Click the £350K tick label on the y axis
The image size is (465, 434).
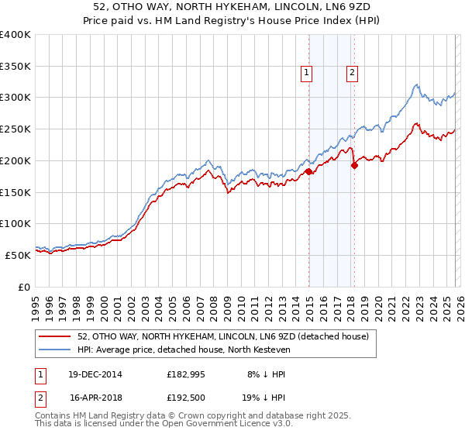(15, 67)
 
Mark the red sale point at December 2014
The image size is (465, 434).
(308, 171)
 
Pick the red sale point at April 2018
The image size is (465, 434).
(354, 165)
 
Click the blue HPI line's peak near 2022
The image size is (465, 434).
(417, 84)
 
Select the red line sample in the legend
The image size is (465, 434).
(55, 336)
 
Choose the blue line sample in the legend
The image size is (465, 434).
(55, 350)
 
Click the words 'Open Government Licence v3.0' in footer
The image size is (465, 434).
(228, 424)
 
